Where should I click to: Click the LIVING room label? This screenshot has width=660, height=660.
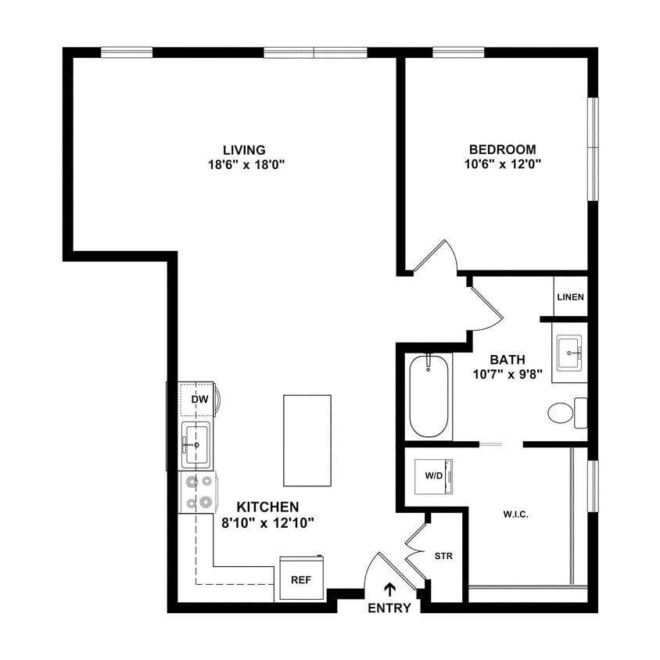pos(244,149)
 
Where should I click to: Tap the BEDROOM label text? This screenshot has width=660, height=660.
pos(502,149)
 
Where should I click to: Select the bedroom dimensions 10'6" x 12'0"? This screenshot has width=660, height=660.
pos(502,165)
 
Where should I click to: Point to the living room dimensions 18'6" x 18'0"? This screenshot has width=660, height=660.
pos(244,165)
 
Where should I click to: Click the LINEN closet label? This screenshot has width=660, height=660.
pos(569,298)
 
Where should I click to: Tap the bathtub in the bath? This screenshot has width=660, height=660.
pos(429,396)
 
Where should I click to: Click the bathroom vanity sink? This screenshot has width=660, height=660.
pos(569,353)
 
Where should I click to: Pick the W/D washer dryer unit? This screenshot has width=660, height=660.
pos(433,475)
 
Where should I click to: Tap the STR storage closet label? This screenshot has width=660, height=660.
pos(444,556)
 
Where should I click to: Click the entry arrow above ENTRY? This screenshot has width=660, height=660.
pos(389,589)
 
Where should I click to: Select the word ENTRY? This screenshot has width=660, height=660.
pos(389,608)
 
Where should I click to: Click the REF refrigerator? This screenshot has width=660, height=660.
pos(301,579)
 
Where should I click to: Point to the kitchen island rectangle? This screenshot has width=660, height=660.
pos(307,440)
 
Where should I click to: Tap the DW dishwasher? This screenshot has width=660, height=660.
pos(199,400)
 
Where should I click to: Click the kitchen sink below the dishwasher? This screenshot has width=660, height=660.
pos(195,444)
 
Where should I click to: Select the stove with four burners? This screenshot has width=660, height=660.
pos(197,492)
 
